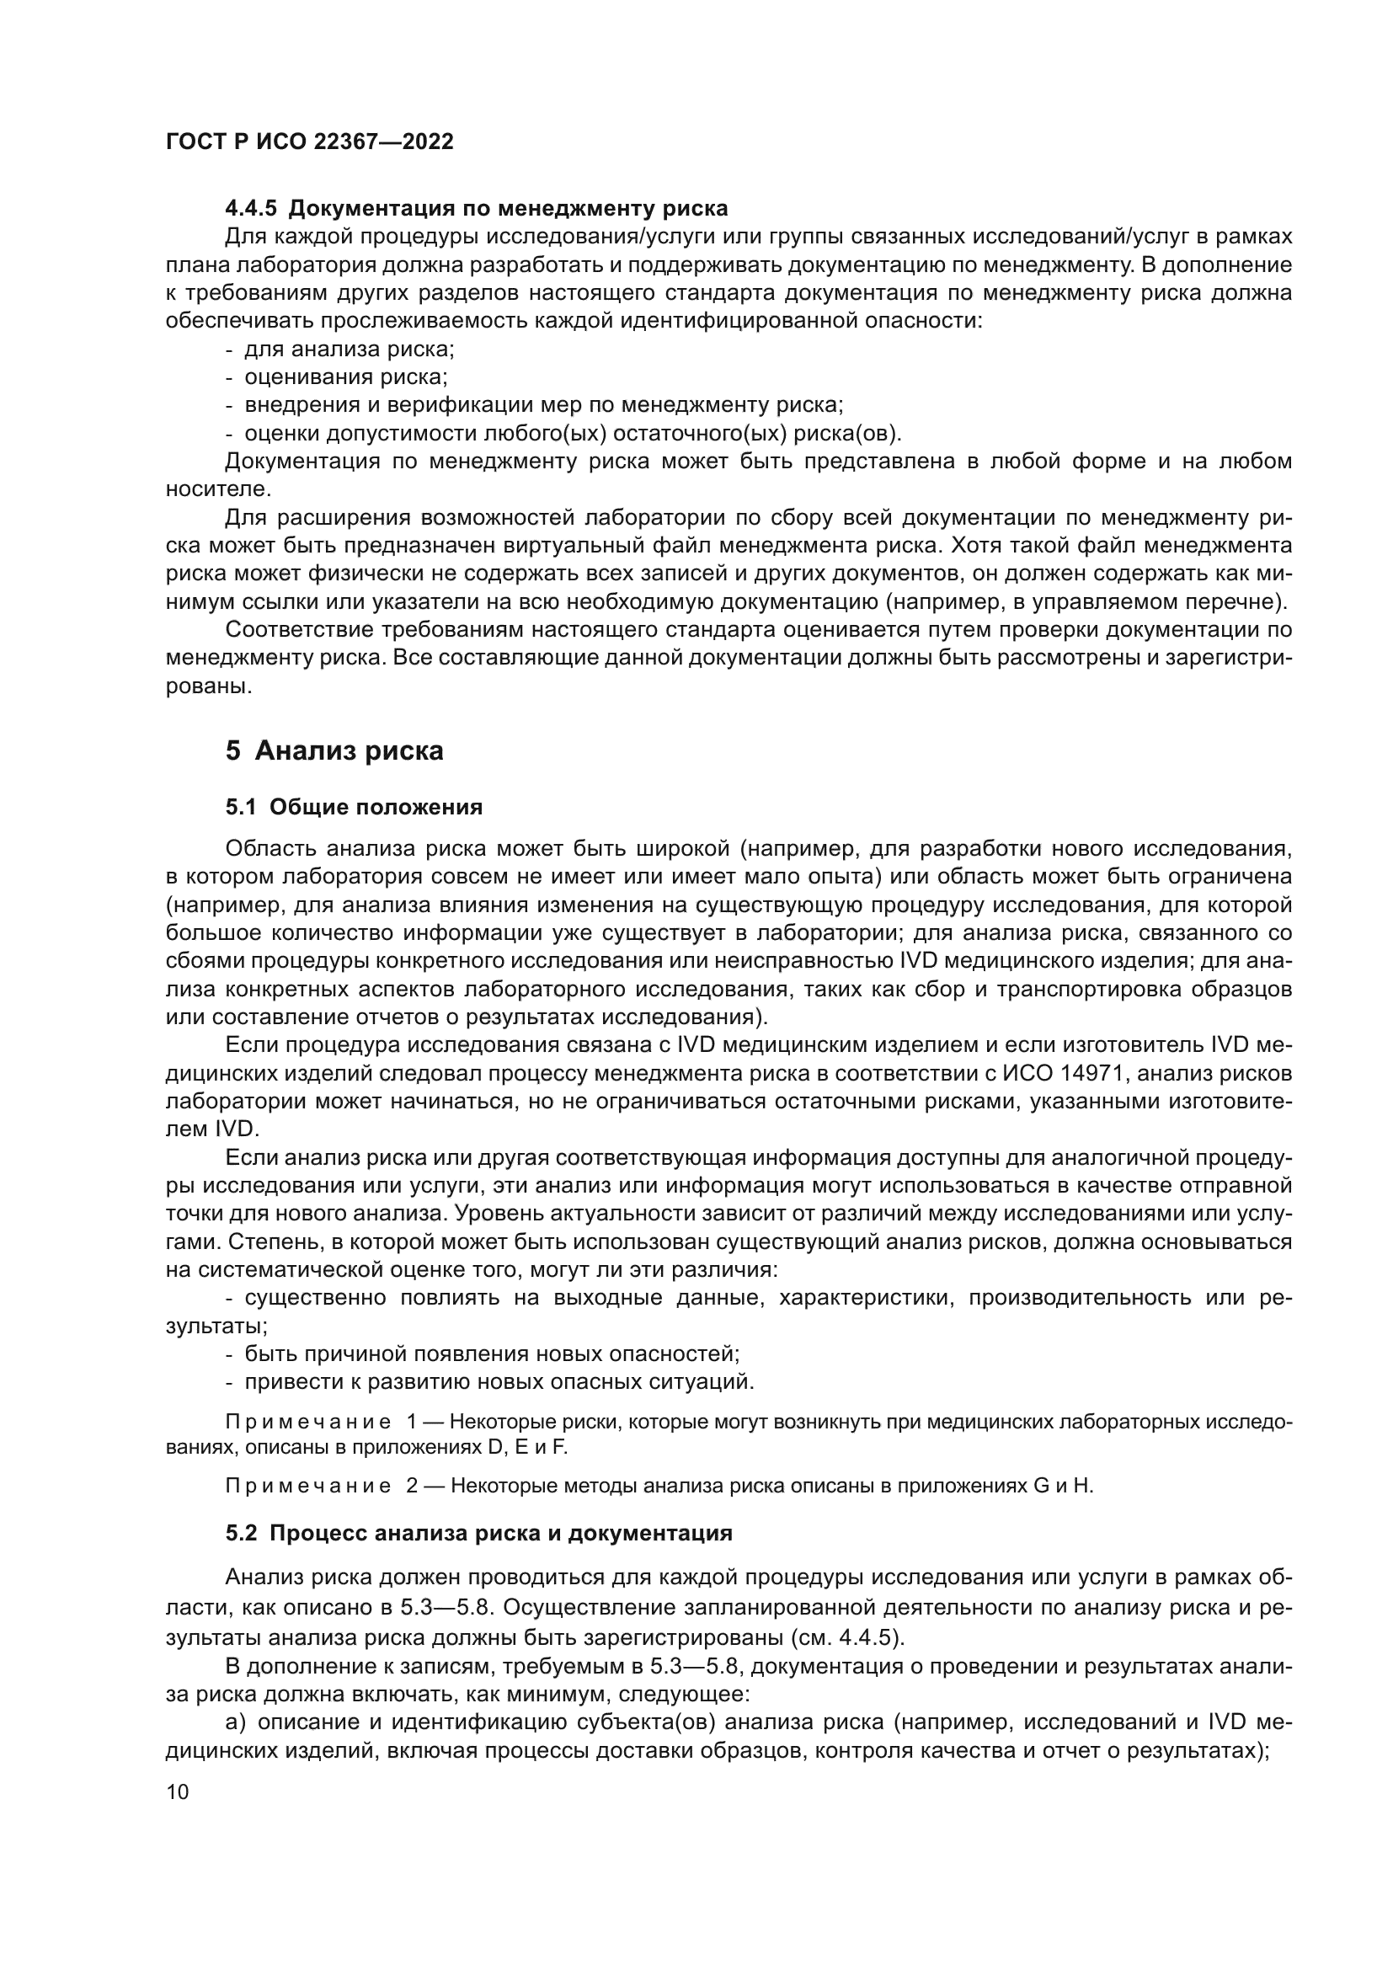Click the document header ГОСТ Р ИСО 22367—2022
[x=309, y=141]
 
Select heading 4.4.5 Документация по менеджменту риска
[x=476, y=209]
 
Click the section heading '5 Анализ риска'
[x=334, y=750]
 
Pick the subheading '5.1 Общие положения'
[x=354, y=808]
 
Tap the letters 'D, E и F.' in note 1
[x=527, y=1448]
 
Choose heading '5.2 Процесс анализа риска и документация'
[x=478, y=1533]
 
